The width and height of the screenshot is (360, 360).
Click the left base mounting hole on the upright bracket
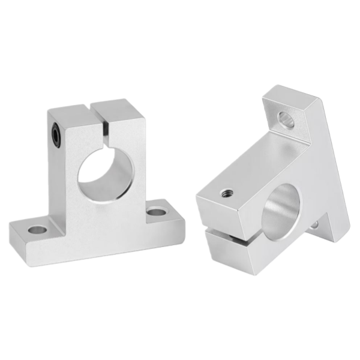37,229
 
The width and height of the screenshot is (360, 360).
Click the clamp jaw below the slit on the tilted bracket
231,252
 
